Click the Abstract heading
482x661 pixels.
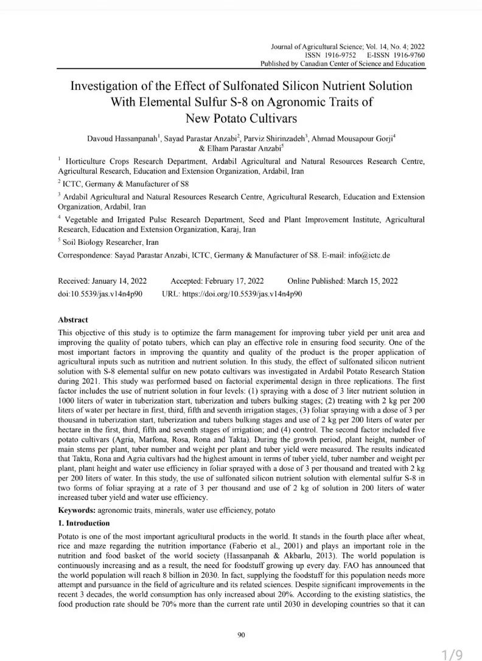point(72,320)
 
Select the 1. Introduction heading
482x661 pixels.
point(83,523)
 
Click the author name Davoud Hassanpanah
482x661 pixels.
point(122,139)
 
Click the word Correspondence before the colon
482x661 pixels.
point(85,255)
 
